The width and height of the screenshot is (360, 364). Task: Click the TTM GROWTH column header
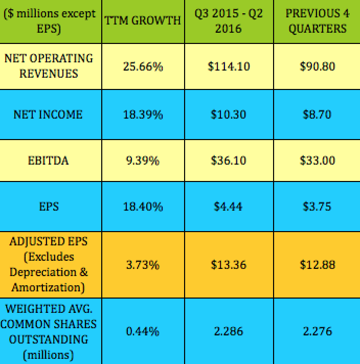(143, 20)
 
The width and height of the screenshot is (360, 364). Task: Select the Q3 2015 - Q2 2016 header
(229, 20)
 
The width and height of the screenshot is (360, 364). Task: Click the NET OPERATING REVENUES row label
(49, 66)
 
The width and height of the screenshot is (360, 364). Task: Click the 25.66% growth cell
(143, 66)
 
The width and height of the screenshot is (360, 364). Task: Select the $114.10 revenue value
(229, 66)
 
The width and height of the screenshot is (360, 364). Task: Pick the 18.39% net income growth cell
(143, 114)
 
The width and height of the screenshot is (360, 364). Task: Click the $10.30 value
(229, 114)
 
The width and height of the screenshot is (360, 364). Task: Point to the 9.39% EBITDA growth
(143, 161)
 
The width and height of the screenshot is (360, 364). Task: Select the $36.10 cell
(229, 161)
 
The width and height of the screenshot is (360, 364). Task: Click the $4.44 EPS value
(229, 207)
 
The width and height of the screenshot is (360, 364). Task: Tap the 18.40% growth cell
(143, 207)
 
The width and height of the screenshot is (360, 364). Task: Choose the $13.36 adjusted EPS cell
(229, 265)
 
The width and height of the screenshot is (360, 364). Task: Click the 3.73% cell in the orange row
(143, 265)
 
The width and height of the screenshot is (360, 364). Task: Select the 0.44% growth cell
(143, 331)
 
